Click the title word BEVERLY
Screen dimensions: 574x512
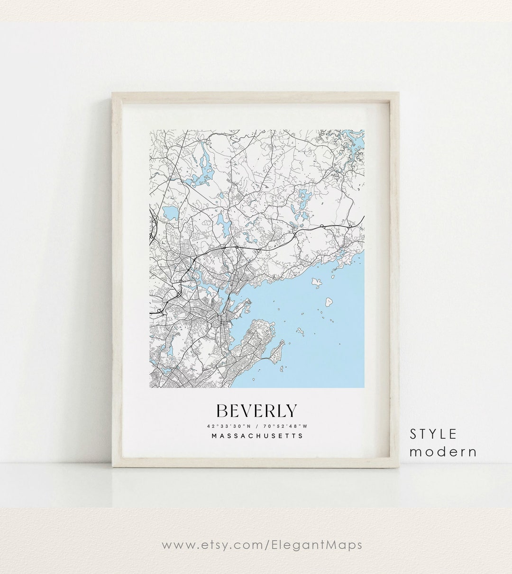pyautogui.click(x=256, y=410)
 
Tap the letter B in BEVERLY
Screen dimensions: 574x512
pyautogui.click(x=222, y=411)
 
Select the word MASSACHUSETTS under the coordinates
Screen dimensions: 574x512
pyautogui.click(x=257, y=436)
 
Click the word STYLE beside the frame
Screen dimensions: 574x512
pyautogui.click(x=433, y=433)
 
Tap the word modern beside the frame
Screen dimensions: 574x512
pyautogui.click(x=443, y=451)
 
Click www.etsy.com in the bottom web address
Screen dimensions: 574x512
pyautogui.click(x=207, y=545)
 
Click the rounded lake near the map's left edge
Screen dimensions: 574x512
pyautogui.click(x=169, y=212)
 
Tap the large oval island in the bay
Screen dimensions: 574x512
pyautogui.click(x=328, y=300)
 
